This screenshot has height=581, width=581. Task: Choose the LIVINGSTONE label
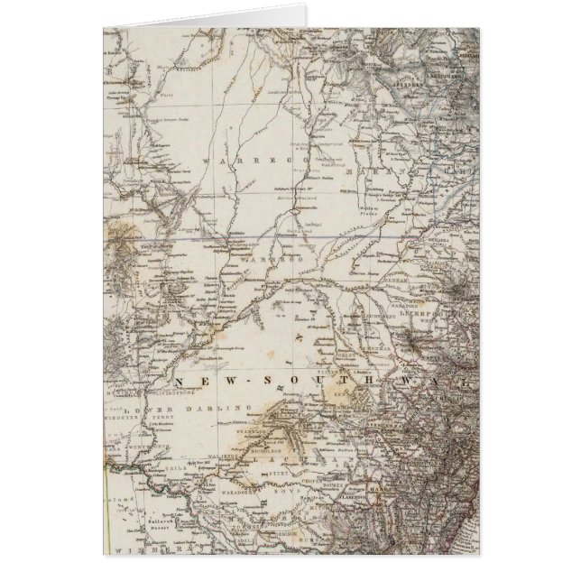click(178, 392)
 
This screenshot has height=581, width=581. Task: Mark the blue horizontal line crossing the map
click(271, 238)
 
